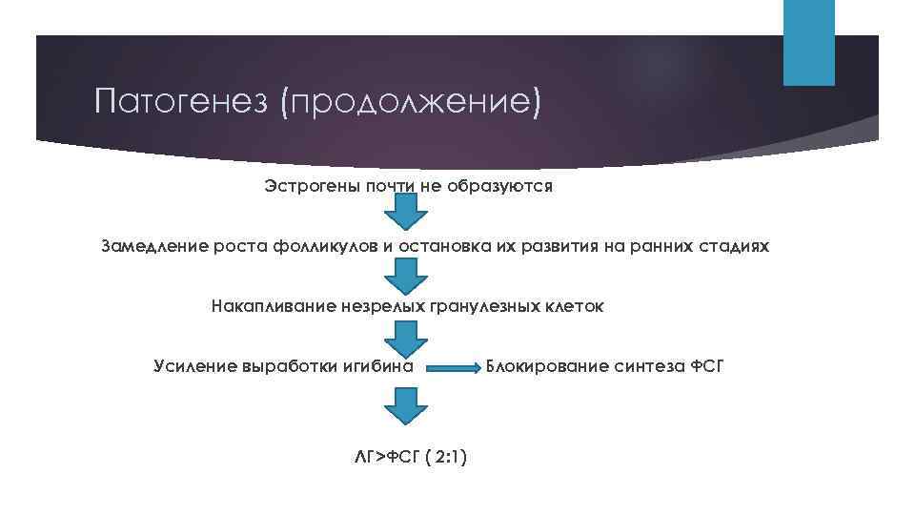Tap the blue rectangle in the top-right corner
(808, 42)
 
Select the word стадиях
(729, 247)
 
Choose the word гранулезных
(495, 307)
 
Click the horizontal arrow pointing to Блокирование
(453, 366)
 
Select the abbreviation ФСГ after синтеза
(705, 366)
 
